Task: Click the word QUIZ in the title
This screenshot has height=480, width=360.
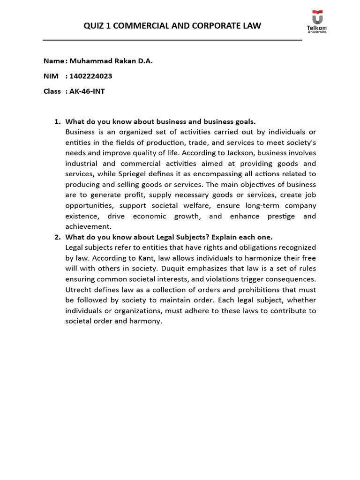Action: (x=94, y=26)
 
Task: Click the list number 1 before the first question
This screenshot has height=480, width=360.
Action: (x=57, y=121)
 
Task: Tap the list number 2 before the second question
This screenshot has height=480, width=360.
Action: (x=57, y=237)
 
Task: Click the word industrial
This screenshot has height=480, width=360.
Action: (x=82, y=164)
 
